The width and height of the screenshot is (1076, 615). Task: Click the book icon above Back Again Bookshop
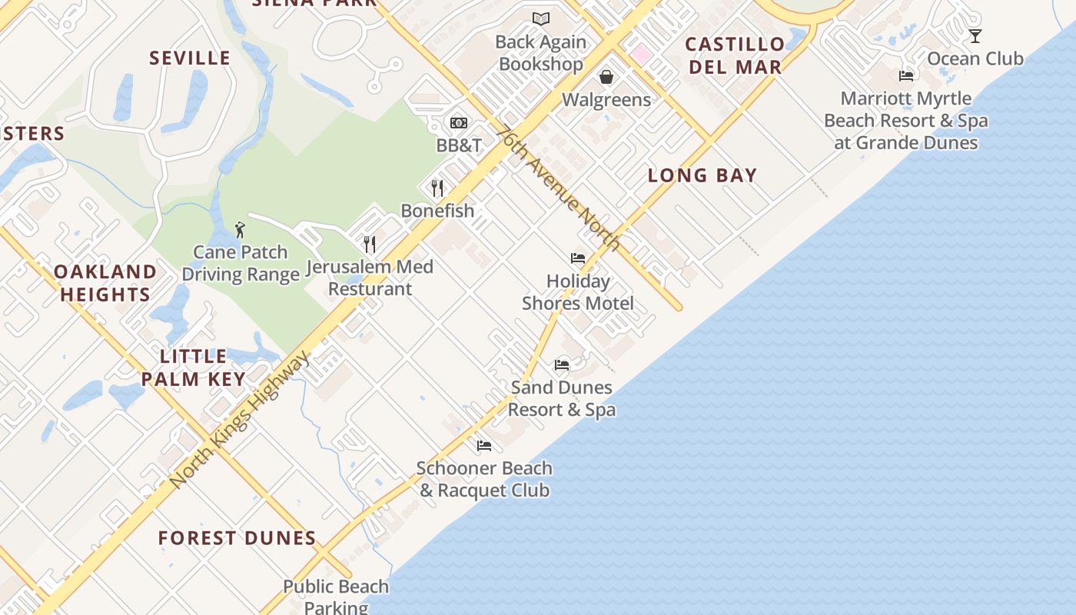tap(541, 18)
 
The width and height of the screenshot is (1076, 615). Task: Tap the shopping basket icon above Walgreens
tap(606, 77)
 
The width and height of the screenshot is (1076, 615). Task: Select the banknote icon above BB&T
tap(459, 123)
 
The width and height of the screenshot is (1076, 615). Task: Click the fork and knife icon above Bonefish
tap(437, 188)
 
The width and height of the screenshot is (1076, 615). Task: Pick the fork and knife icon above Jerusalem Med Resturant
tap(370, 244)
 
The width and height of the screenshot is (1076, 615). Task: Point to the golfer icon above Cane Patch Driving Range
tap(240, 229)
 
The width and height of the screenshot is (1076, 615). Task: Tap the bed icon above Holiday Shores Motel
tap(578, 258)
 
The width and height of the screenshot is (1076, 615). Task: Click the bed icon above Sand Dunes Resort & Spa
tap(562, 364)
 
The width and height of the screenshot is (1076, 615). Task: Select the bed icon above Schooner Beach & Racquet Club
tap(483, 445)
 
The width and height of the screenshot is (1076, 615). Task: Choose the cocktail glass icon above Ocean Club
tap(975, 35)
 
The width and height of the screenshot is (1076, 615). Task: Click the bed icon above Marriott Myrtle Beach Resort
tap(906, 75)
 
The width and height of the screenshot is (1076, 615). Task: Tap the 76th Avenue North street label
tap(558, 188)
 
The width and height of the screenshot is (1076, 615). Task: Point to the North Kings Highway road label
tap(241, 420)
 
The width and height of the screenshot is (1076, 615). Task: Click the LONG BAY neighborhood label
tap(702, 175)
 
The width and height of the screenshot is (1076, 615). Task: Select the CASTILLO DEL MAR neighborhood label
tap(735, 55)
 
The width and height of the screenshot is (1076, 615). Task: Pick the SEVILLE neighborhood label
tap(190, 58)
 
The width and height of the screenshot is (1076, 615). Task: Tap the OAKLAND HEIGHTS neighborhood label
tap(105, 283)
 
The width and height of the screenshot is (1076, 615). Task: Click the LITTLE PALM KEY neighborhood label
tap(194, 367)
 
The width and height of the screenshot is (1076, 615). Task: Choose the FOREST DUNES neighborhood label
tap(237, 538)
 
